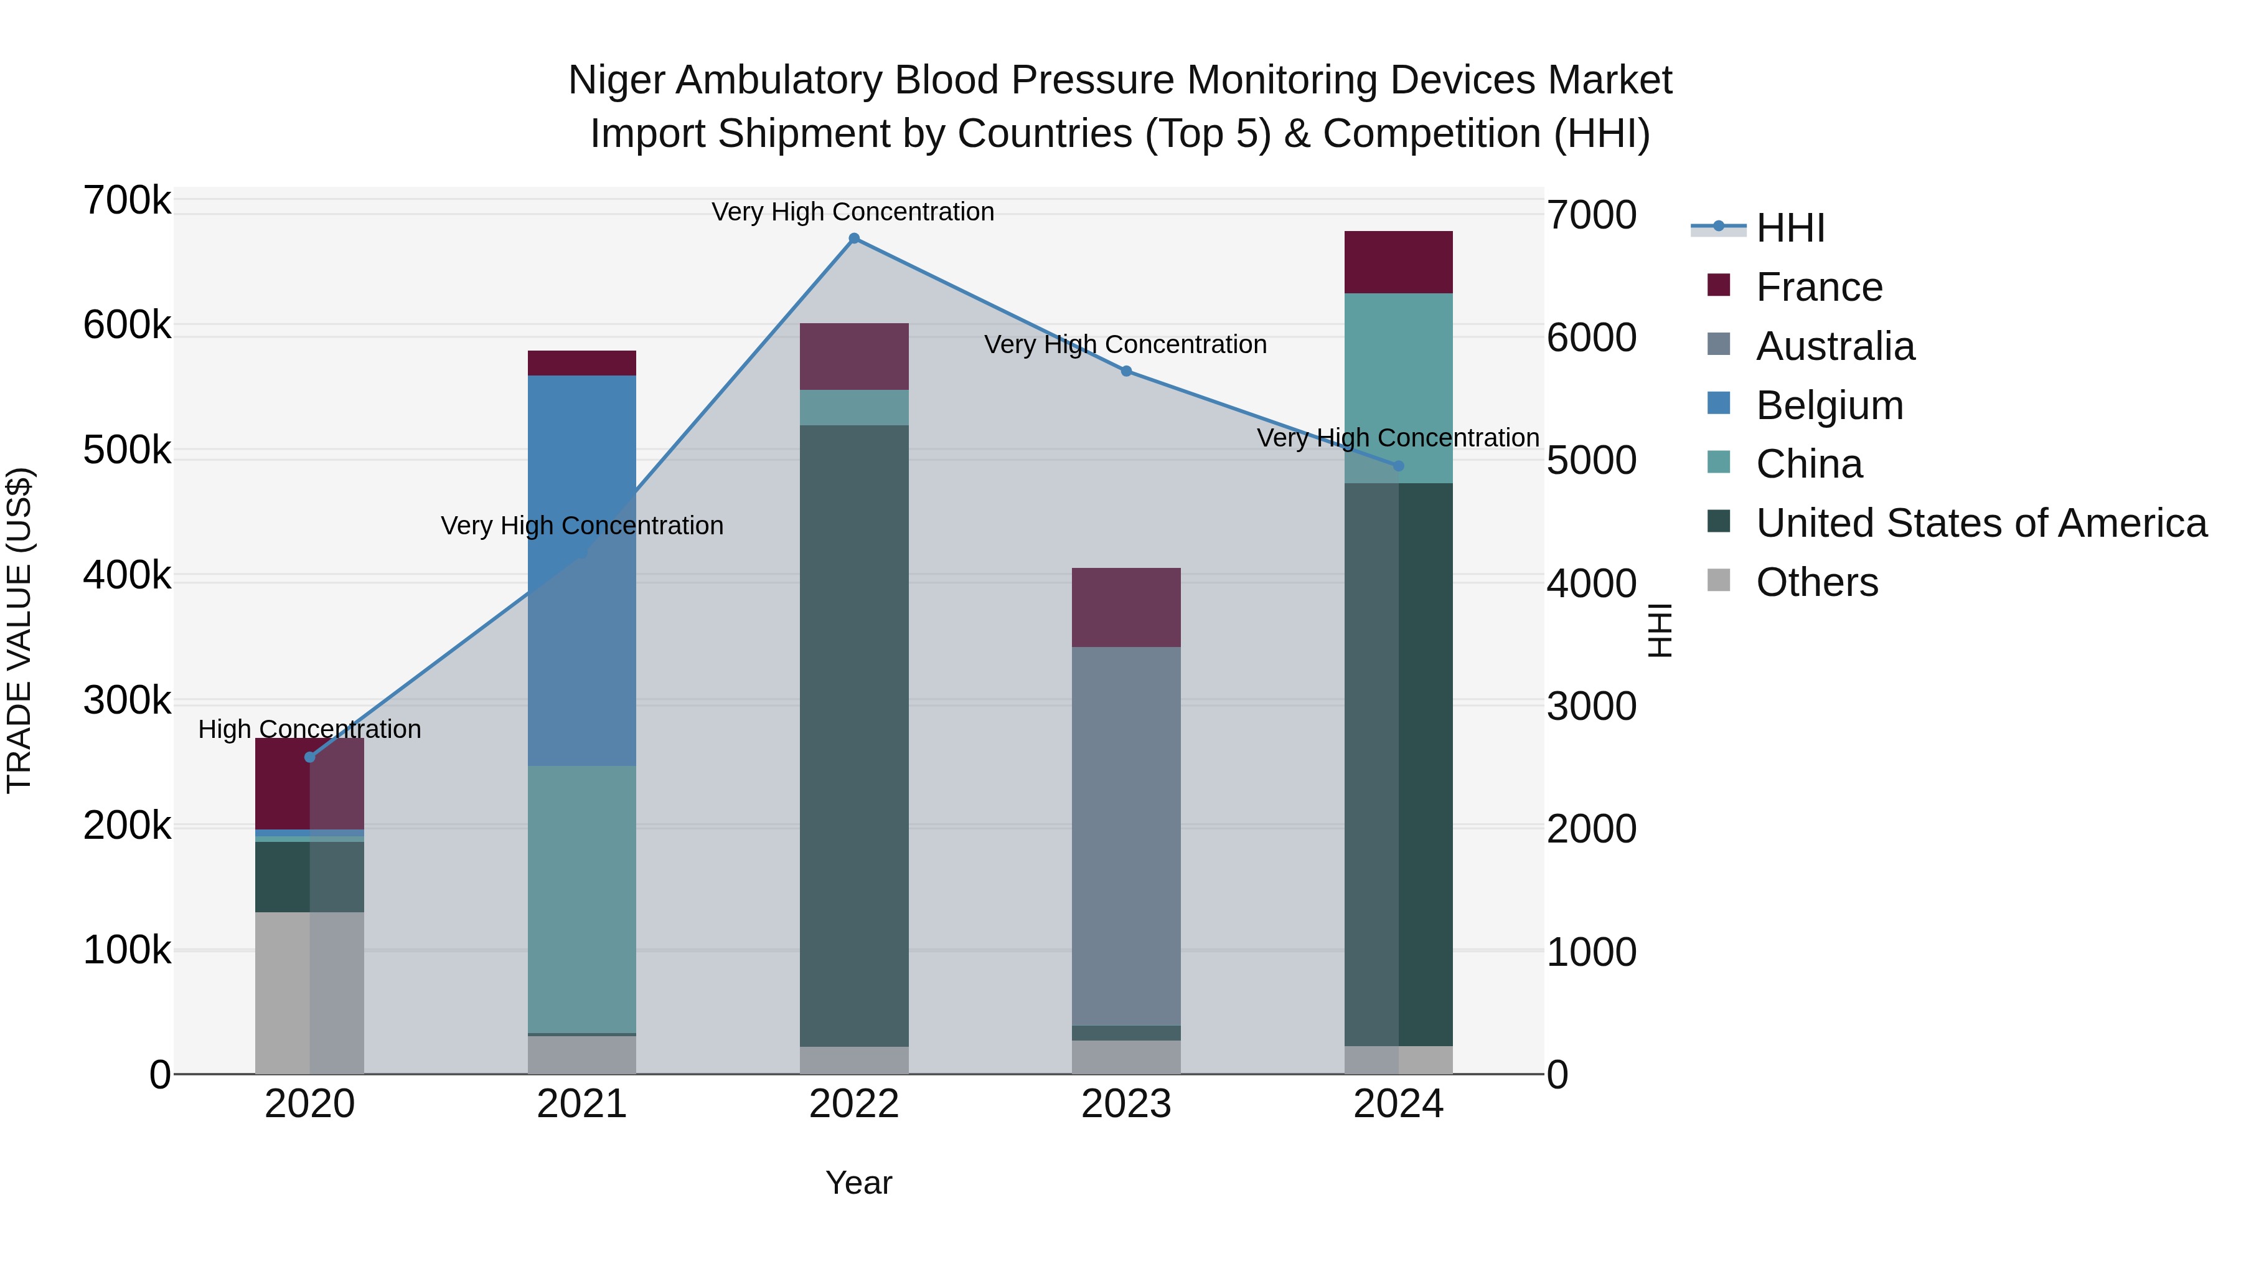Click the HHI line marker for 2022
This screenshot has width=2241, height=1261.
coord(853,239)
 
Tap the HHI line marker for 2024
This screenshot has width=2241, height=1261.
coord(1398,466)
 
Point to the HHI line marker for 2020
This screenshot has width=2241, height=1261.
coord(310,757)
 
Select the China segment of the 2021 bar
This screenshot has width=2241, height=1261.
coord(581,899)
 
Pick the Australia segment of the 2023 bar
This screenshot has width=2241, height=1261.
coord(1125,836)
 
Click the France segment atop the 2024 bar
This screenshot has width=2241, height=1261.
coord(1398,262)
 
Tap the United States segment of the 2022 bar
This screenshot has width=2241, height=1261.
coord(853,735)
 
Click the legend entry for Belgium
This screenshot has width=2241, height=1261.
coord(1829,405)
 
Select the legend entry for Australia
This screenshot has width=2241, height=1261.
coord(1835,346)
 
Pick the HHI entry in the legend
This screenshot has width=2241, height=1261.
coord(1790,228)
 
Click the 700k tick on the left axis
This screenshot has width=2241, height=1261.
coord(127,201)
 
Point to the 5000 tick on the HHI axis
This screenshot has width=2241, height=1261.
coord(1591,461)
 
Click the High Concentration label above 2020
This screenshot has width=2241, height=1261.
coord(310,729)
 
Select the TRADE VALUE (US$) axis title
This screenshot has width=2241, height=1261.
coord(19,630)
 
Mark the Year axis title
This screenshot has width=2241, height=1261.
coord(858,1183)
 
